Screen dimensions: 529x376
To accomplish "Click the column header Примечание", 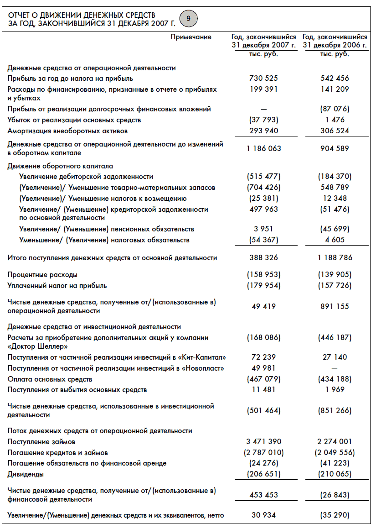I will (191, 37).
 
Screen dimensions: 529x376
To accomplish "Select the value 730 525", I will (263, 79).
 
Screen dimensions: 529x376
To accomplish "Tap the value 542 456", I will (335, 79).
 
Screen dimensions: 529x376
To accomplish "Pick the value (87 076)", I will (335, 109).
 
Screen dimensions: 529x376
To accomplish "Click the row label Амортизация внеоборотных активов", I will (67, 131).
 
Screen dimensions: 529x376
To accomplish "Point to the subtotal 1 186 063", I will (263, 148).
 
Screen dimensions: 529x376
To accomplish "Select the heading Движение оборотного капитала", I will (60, 166).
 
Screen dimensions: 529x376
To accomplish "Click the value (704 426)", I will (263, 188).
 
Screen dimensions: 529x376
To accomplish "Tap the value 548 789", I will (335, 188).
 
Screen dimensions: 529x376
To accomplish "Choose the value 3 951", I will (263, 229).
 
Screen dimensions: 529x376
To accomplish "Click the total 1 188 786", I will (335, 258).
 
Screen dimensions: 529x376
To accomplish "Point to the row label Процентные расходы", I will (42, 275).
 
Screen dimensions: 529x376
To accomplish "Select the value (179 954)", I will (263, 286).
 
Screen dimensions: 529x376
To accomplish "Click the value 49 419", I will (263, 307).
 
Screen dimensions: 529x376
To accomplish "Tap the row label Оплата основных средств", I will (50, 379).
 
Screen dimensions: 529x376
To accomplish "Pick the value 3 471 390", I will (263, 442).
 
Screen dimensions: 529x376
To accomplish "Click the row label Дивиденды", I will (26, 474).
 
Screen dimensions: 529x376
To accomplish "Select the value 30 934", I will (263, 515).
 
